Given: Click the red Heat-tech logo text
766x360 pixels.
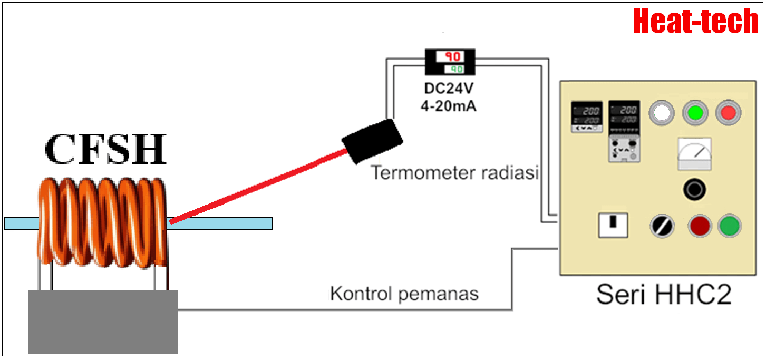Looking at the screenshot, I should pyautogui.click(x=695, y=22).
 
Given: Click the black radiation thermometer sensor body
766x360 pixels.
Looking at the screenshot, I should pyautogui.click(x=372, y=141).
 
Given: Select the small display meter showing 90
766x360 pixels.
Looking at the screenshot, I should pyautogui.click(x=450, y=62).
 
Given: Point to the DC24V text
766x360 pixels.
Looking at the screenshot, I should pyautogui.click(x=448, y=88).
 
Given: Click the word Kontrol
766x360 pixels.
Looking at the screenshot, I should pyautogui.click(x=361, y=294).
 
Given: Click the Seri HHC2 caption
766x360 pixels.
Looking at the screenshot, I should pyautogui.click(x=664, y=295).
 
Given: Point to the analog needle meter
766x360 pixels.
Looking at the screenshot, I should pyautogui.click(x=694, y=153).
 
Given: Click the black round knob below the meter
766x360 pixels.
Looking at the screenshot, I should pyautogui.click(x=694, y=190).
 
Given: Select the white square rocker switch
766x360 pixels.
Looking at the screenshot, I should pyautogui.click(x=613, y=226).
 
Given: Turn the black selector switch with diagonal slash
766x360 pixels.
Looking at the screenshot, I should pyautogui.click(x=662, y=227).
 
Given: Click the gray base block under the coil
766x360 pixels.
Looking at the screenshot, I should pyautogui.click(x=103, y=322).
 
